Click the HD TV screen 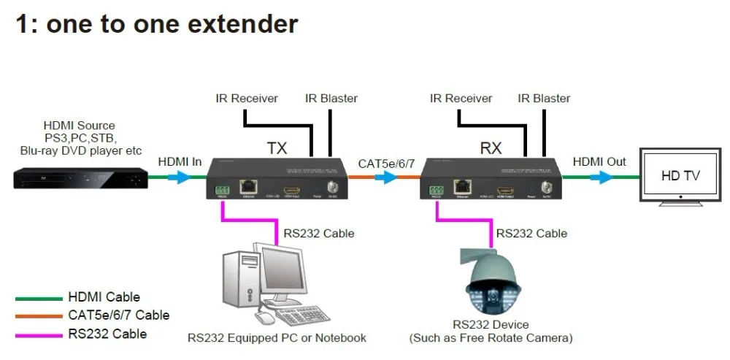[x=680, y=175]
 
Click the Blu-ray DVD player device [x=80, y=177]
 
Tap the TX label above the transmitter [x=277, y=148]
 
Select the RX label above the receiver [x=491, y=148]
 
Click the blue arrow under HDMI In [x=178, y=177]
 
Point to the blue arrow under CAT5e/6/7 [x=387, y=177]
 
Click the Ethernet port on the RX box [x=461, y=188]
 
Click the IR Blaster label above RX [x=544, y=98]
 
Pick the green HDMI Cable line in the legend [x=39, y=298]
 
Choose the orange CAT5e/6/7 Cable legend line [x=39, y=316]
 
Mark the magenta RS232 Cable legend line [x=39, y=334]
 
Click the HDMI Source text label [x=79, y=126]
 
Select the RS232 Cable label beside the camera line [x=531, y=234]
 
